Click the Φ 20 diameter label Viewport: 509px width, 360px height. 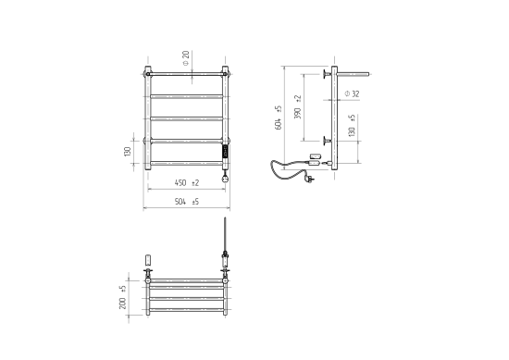point(186,58)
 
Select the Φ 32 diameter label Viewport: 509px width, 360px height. point(353,93)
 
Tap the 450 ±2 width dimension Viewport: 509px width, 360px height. point(187,182)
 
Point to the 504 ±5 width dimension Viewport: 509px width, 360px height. point(187,202)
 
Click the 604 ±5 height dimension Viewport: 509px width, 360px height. point(279,118)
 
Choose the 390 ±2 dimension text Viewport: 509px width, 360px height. point(297,106)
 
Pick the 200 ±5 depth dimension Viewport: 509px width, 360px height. point(123,297)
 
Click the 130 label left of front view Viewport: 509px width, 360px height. point(127,151)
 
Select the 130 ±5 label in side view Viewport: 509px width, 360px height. point(352,125)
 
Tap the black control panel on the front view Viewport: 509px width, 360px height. point(225,152)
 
